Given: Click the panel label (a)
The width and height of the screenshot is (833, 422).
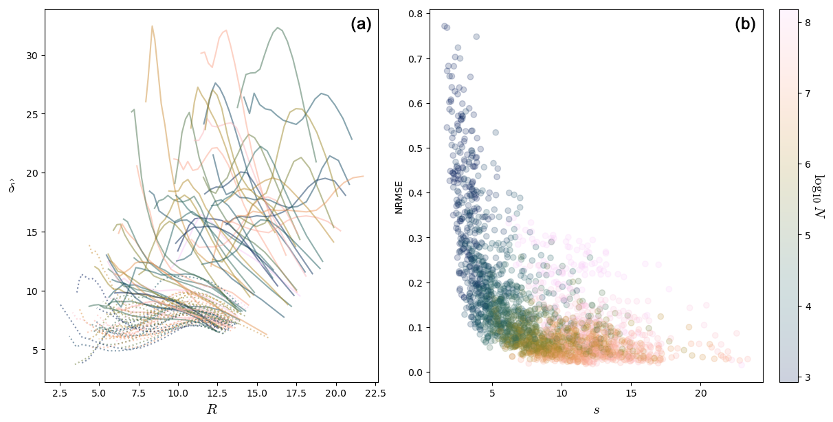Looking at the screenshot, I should (x=361, y=25).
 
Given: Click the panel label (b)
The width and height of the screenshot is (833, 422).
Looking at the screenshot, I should (x=745, y=25).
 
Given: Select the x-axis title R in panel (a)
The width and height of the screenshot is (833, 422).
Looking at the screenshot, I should (x=211, y=410).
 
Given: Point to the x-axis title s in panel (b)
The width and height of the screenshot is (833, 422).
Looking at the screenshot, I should (x=596, y=410).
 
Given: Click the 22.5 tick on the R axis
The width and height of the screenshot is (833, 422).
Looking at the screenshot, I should (x=375, y=393).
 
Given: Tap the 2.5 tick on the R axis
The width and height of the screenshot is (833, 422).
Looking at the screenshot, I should (x=60, y=393).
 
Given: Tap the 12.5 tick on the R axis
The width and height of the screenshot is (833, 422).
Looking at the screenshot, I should (x=218, y=393).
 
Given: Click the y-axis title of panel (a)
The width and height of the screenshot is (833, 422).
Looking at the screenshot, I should (x=12, y=186).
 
